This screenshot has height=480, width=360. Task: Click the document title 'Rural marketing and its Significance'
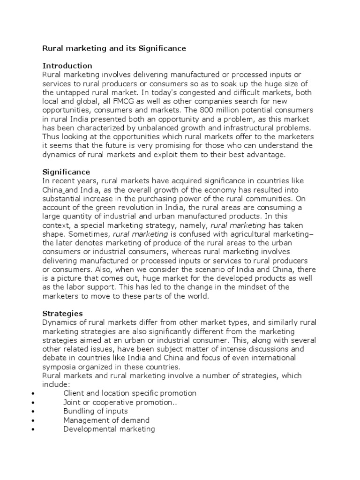[x=114, y=48]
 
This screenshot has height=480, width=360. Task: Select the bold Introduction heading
[x=67, y=66]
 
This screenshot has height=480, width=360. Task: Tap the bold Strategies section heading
[x=62, y=313]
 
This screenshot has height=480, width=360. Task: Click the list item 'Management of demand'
[x=106, y=420]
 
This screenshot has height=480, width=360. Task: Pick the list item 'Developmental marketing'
[x=109, y=429]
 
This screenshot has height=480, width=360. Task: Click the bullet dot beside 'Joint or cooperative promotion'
[x=31, y=403]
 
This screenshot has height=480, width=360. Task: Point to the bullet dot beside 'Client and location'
[x=31, y=394]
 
